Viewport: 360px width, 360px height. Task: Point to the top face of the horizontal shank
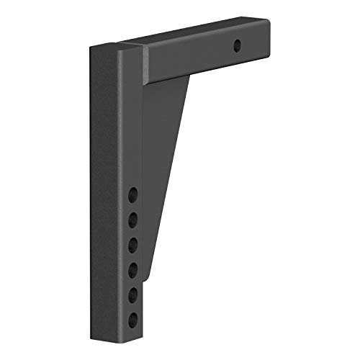[x=194, y=37]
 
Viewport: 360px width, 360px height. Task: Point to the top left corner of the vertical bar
[x=91, y=48]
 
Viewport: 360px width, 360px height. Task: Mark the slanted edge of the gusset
[x=173, y=158]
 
